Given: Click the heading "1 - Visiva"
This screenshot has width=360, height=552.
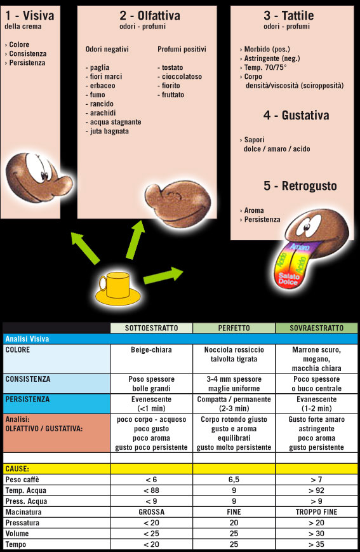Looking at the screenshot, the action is click(30, 15).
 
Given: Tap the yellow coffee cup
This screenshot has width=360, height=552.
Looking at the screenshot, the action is click(118, 288).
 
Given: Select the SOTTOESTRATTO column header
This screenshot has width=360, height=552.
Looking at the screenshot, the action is click(151, 328).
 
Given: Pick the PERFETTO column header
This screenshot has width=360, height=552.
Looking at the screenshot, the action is click(234, 328).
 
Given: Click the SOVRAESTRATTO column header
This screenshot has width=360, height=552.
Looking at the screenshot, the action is click(316, 328).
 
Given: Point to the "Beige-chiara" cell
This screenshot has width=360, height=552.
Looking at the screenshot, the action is click(151, 350).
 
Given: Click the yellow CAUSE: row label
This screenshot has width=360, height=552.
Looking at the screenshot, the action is click(17, 469).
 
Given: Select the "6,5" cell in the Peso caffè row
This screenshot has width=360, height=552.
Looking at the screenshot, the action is click(234, 480).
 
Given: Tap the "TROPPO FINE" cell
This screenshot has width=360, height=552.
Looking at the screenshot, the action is click(316, 512).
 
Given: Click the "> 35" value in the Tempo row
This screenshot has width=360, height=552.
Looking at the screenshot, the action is click(316, 544).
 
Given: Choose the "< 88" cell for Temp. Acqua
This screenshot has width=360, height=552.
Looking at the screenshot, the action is click(151, 490).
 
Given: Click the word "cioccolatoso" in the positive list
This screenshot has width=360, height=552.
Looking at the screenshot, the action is click(182, 76).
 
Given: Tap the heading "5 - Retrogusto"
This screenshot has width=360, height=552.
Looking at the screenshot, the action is click(300, 186).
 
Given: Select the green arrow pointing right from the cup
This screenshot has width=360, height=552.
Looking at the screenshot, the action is click(163, 275).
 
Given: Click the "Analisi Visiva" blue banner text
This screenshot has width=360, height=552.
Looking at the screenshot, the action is click(27, 339).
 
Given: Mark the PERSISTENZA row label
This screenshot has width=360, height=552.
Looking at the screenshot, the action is click(27, 399).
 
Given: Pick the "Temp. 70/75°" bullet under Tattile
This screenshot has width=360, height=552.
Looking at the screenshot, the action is click(265, 67).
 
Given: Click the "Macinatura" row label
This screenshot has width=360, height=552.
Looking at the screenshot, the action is click(23, 512).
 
